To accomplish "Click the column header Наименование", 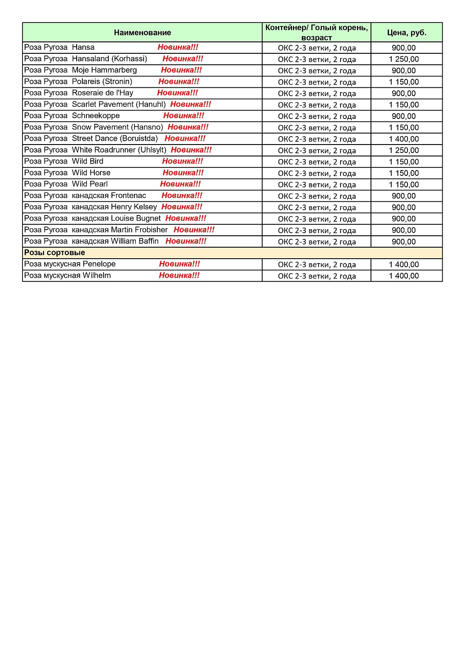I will (x=142, y=33).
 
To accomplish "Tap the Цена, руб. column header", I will (x=407, y=33).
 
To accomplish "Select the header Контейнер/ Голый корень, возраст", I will (x=316, y=33).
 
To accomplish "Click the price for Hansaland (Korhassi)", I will (x=404, y=59).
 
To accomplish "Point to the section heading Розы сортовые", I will (x=55, y=253).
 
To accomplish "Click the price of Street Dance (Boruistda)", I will (x=404, y=139).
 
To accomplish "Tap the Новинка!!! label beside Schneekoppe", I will (x=184, y=116).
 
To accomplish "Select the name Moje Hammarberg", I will (x=104, y=70).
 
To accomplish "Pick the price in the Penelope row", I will (x=404, y=264).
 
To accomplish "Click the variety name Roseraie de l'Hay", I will (x=102, y=93).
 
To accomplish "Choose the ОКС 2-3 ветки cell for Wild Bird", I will (x=316, y=162).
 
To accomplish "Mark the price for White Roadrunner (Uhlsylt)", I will (x=404, y=150).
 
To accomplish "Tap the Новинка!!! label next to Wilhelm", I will (x=179, y=275).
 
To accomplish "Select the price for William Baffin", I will (x=404, y=241).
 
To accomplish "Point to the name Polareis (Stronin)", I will (x=102, y=82).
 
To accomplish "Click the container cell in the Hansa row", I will (x=316, y=48).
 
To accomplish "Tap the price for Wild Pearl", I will (x=404, y=185).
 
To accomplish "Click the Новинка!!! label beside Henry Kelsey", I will (x=182, y=207).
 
